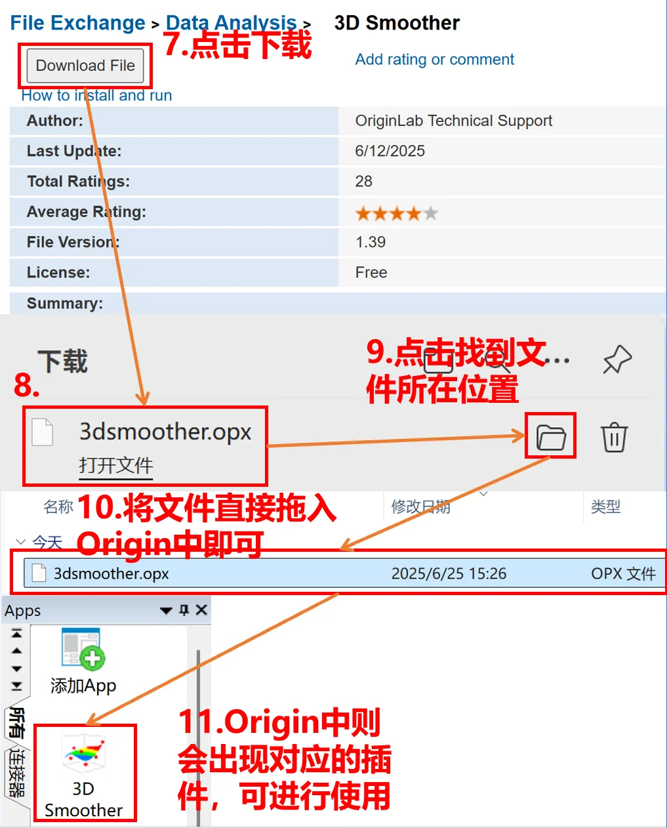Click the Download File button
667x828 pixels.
[85, 66]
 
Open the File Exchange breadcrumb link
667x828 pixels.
[77, 24]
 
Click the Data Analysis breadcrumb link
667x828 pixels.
[231, 24]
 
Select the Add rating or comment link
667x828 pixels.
[434, 60]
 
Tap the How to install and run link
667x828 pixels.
[96, 96]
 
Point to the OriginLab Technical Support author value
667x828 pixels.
[453, 121]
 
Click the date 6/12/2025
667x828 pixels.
[390, 151]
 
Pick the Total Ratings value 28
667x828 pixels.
[363, 181]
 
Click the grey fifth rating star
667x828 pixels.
[430, 213]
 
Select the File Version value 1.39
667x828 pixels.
[370, 242]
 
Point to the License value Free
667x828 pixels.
[371, 272]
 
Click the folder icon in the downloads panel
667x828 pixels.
[550, 437]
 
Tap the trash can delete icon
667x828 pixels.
[614, 437]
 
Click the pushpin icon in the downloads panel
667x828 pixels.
[616, 360]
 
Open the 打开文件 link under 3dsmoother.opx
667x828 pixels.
[115, 465]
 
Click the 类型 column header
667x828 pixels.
[605, 507]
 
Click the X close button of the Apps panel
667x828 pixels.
[201, 610]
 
